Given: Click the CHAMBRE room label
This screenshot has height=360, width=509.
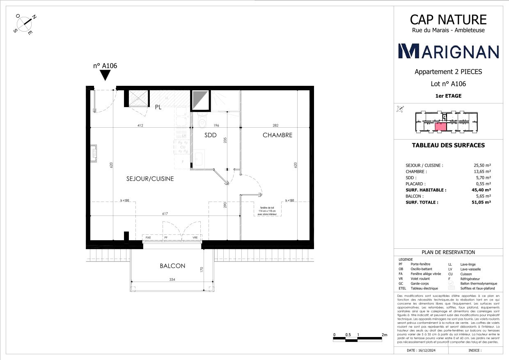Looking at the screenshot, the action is [x=277, y=135].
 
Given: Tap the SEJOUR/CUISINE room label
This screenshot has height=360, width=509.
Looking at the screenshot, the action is [x=150, y=179].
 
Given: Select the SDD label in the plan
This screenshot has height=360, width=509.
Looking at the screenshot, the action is [x=210, y=135].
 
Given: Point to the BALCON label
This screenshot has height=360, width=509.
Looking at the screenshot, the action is [x=172, y=266].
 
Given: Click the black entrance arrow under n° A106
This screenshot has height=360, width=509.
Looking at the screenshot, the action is [x=105, y=75].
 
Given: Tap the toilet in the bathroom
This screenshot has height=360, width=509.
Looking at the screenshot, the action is [x=202, y=123].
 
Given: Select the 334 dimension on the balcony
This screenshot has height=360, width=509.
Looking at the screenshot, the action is [x=173, y=280].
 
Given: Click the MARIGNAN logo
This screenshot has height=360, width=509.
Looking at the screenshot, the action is [x=449, y=51].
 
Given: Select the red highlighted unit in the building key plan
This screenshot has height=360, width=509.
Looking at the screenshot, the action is [x=440, y=126].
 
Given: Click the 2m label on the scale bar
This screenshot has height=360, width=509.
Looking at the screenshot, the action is [x=384, y=335].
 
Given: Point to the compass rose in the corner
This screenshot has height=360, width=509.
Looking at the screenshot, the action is [x=25, y=24].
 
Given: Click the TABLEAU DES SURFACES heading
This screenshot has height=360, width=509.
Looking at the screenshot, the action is [x=448, y=145].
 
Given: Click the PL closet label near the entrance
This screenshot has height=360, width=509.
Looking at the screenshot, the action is [x=158, y=108].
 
